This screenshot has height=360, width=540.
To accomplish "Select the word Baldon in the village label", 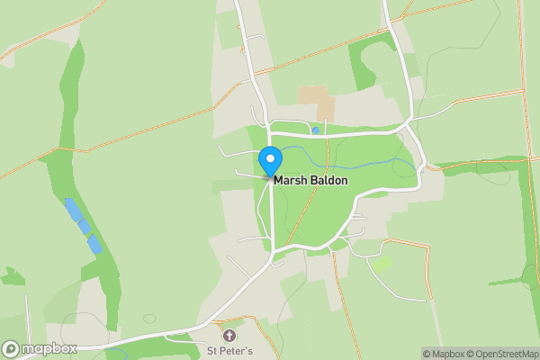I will coord(328,181).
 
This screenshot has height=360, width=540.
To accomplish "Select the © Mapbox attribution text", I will coord(445,354).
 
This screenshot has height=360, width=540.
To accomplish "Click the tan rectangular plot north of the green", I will coord(316,100).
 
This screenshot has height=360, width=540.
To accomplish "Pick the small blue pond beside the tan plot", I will coord(316,130).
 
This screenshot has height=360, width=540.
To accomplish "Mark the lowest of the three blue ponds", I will coord(94,245).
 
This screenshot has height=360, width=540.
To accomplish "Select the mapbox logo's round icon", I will coord(11,348).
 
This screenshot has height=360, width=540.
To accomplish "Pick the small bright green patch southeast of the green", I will coord(383,264).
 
